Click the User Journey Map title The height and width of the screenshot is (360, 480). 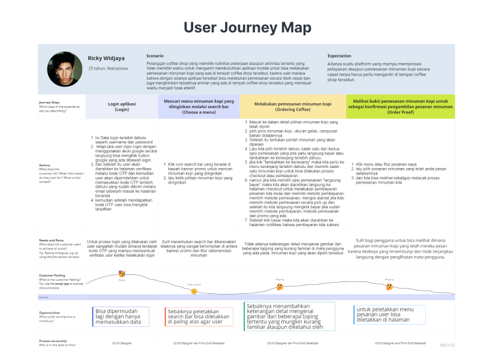click(247, 28)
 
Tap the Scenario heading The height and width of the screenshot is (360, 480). click(155, 56)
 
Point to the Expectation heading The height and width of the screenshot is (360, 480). click(340, 56)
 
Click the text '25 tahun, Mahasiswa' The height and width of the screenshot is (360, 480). click(108, 68)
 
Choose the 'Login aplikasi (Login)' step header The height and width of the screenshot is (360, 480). click(122, 106)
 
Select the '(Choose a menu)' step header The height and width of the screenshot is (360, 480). click(199, 106)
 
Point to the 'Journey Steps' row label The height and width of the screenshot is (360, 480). click(49, 103)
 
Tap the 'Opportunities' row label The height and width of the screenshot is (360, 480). click(50, 313)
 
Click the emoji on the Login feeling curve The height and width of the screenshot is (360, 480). click(122, 275)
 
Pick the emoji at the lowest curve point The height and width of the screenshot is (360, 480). click(194, 291)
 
